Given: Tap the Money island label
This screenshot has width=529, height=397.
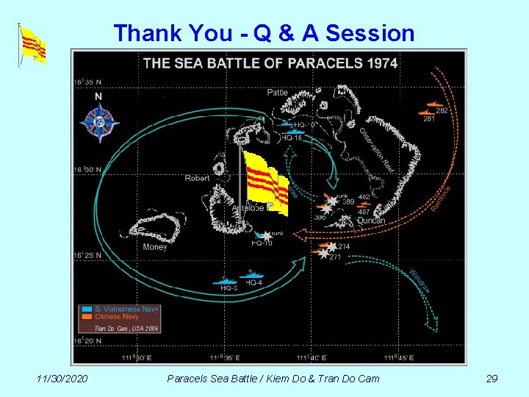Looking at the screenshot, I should point(155,247).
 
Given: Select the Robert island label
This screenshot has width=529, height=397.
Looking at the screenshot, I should point(197,178).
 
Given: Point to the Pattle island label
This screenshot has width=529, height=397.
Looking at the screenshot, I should point(277,93).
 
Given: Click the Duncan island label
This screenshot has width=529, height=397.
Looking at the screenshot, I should point(371,221).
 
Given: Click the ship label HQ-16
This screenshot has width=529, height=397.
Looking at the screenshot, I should point(292,137).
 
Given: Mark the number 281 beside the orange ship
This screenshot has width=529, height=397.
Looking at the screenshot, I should point(429,119).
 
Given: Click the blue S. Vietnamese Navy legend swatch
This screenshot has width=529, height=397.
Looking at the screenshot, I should point(87,310).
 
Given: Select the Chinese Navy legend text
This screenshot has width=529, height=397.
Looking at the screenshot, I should point(118,317).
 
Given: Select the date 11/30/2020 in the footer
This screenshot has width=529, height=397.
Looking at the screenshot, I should point(62,379).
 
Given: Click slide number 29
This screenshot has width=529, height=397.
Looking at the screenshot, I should point(492,379).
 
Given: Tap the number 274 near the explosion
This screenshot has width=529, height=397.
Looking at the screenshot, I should point(343,247).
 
